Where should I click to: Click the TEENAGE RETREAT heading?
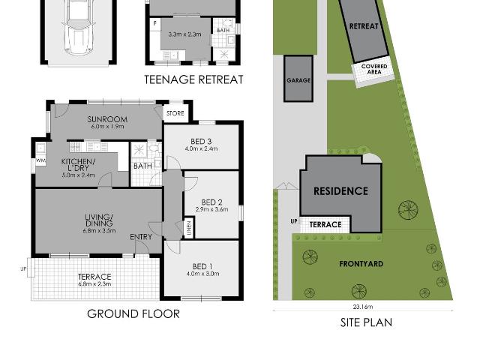click(194, 79)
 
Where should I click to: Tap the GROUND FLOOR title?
click(133, 313)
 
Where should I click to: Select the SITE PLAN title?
click(362, 322)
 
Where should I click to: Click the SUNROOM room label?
click(106, 119)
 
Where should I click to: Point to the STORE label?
click(175, 113)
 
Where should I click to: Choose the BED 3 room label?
click(201, 142)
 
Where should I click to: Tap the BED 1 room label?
click(201, 267)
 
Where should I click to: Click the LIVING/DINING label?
click(98, 220)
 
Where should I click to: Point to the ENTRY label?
click(141, 237)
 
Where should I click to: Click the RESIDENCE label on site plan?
click(340, 191)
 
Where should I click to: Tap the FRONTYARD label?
click(361, 264)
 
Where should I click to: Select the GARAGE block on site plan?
click(298, 79)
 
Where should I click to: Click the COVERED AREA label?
click(373, 69)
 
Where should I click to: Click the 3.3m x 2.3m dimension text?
click(184, 34)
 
